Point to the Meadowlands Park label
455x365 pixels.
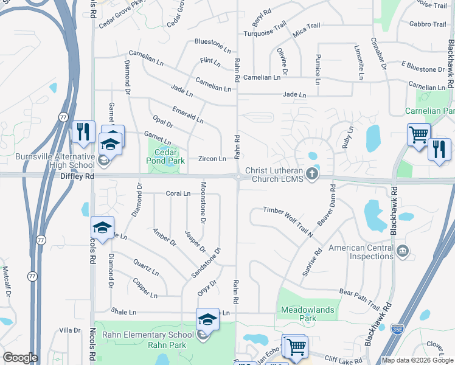click(308, 314)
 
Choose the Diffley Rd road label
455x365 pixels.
click(77, 176)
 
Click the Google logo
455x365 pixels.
click(19, 358)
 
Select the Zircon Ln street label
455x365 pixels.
click(212, 159)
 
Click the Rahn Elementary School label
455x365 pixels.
click(147, 335)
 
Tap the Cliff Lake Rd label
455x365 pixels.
click(342, 360)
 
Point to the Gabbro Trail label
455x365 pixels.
click(428, 24)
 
